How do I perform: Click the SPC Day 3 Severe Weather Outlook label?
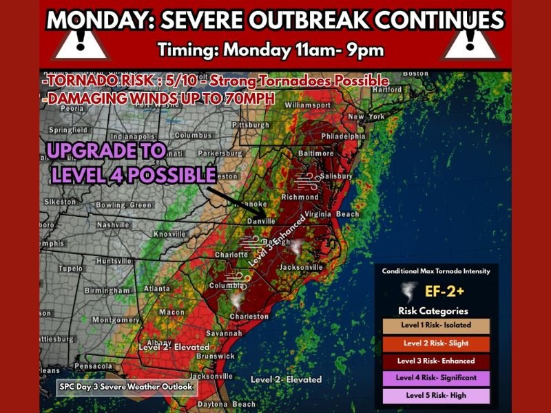tap(125, 387)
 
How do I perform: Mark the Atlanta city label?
tap(158, 288)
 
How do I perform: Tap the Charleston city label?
tap(249, 317)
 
